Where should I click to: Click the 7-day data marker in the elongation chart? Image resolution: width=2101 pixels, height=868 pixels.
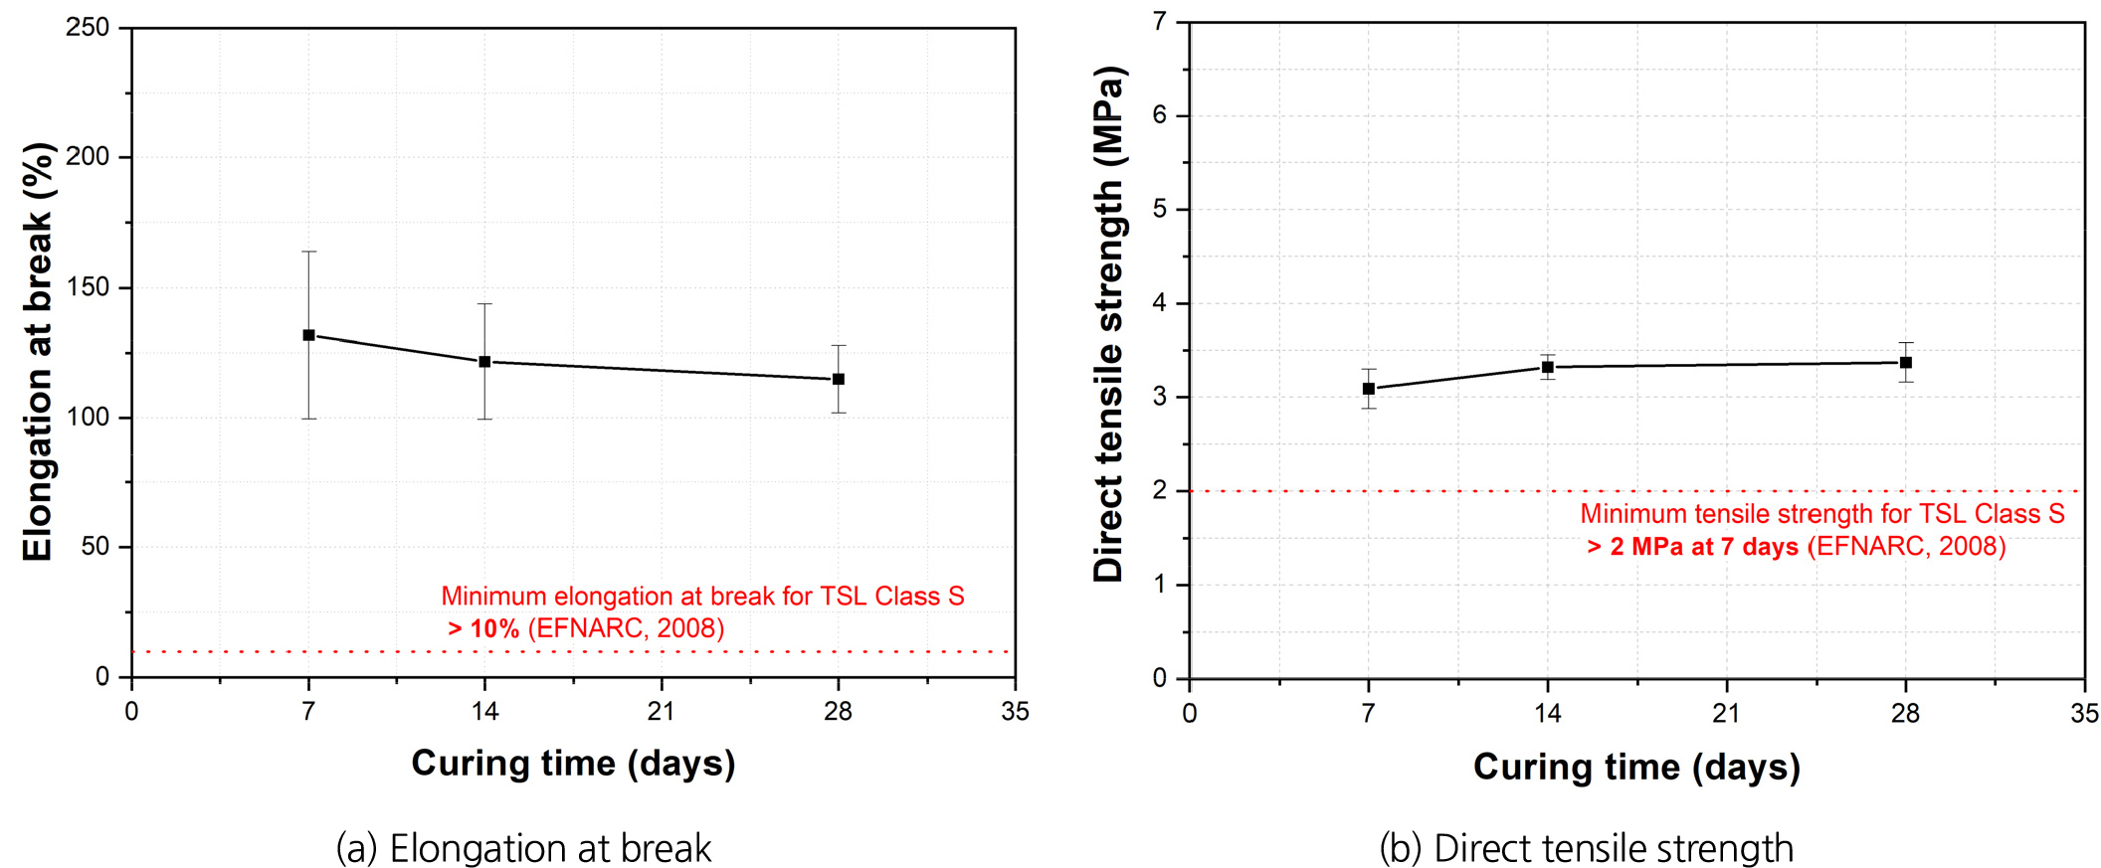(308, 335)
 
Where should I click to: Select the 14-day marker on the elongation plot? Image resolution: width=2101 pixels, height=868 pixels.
(484, 362)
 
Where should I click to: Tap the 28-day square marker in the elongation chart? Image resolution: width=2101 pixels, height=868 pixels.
(839, 379)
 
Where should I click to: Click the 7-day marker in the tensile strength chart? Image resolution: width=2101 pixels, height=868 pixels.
(1369, 389)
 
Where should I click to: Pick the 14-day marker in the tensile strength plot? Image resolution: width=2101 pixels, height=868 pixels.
(1547, 367)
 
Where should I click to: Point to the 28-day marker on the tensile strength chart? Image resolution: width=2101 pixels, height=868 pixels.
(1905, 363)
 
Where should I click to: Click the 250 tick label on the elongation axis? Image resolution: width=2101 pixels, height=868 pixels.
(88, 28)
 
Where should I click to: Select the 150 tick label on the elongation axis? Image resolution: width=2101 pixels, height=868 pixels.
(88, 287)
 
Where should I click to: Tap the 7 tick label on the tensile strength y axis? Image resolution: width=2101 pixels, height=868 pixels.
(1160, 22)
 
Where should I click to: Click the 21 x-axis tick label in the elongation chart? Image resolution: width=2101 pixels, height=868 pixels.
(662, 712)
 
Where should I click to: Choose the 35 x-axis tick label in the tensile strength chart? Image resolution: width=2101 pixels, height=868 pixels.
(2084, 714)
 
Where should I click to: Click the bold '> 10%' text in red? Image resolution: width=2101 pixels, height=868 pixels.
(483, 629)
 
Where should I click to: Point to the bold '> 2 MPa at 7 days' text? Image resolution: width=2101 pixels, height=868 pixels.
(1692, 547)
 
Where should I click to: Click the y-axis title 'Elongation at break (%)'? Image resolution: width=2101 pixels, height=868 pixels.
(38, 352)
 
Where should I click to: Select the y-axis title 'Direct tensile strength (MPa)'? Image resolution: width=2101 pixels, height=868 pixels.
(1108, 324)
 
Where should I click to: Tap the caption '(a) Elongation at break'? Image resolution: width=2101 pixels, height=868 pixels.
(523, 848)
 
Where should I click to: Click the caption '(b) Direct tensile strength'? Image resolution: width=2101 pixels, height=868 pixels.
(1586, 848)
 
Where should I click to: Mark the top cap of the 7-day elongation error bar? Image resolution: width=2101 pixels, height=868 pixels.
(308, 252)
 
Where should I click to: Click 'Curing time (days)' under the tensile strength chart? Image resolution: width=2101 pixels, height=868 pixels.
(1636, 767)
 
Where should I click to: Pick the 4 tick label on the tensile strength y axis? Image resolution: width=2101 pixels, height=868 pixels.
(1160, 303)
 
